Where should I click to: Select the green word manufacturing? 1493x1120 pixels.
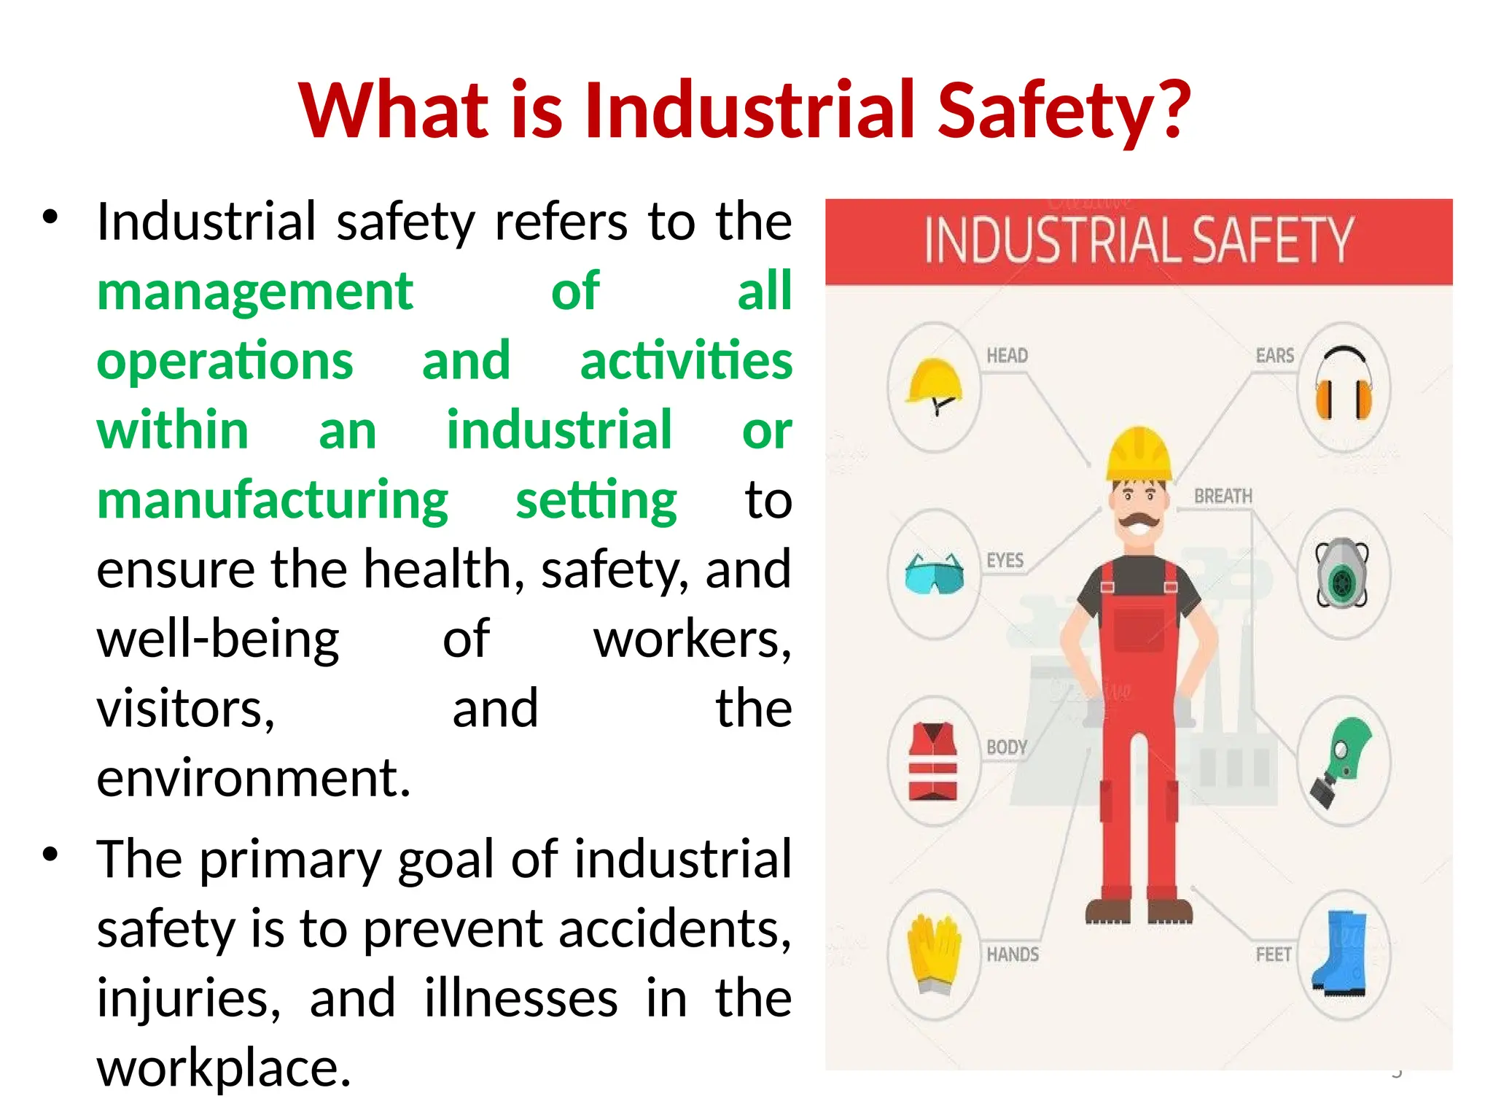click(x=273, y=502)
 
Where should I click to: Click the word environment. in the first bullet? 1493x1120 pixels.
click(x=254, y=779)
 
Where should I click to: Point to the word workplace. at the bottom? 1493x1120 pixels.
click(x=224, y=1067)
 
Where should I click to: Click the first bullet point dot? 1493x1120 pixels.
click(x=50, y=217)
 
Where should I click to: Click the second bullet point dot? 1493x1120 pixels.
click(x=50, y=855)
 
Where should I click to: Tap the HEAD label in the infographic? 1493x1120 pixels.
click(x=1007, y=356)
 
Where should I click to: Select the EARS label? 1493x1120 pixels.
click(x=1274, y=356)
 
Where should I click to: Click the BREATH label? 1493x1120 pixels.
click(x=1223, y=497)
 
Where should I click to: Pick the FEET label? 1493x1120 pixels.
click(x=1273, y=954)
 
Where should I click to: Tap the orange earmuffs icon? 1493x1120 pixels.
click(x=1343, y=385)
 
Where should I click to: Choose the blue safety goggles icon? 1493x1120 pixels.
click(x=934, y=574)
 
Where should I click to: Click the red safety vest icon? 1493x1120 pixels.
click(x=933, y=762)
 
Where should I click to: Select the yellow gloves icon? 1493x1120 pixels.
click(x=933, y=954)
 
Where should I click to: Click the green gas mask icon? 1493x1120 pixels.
click(x=1342, y=762)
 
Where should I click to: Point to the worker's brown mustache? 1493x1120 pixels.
click(x=1139, y=521)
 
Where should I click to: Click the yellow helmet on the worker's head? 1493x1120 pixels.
click(x=1139, y=454)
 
